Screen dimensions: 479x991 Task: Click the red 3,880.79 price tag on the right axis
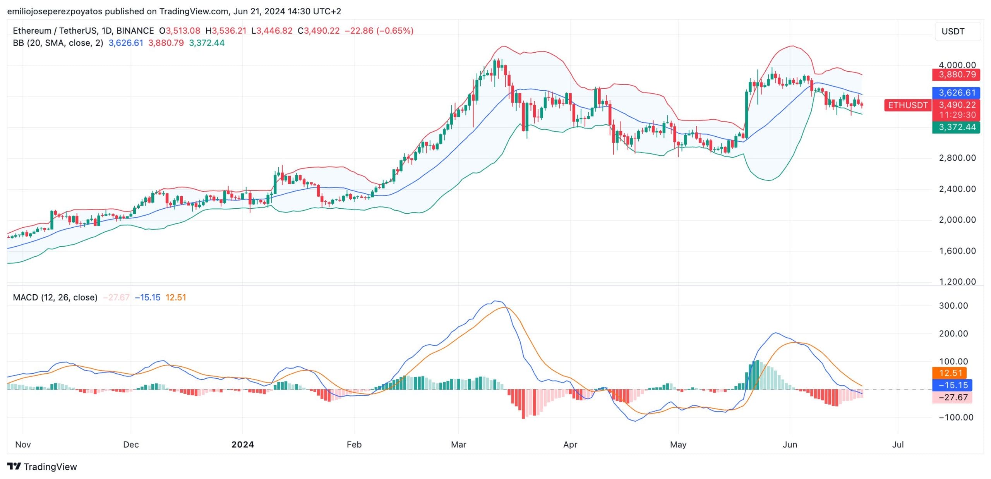956,74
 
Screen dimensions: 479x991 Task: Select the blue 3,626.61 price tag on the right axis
956,93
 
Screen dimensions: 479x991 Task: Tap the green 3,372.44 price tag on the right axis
956,127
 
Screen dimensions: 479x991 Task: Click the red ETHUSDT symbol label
908,105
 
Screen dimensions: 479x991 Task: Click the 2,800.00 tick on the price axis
957,158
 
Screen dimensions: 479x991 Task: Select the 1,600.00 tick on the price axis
957,251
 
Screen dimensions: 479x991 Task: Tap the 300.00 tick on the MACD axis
953,306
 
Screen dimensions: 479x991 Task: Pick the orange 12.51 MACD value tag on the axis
950,373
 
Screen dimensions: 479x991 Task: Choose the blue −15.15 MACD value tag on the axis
952,385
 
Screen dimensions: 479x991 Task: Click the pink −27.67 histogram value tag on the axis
952,397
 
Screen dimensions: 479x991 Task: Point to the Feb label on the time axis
354,445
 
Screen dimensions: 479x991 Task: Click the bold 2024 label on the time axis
242,445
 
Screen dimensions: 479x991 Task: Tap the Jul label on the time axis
898,445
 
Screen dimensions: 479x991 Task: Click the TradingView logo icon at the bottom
14,466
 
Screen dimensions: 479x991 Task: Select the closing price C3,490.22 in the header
318,31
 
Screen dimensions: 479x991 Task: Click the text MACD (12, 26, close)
55,297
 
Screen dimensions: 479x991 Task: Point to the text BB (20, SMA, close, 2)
58,43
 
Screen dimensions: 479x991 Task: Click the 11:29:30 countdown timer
956,115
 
